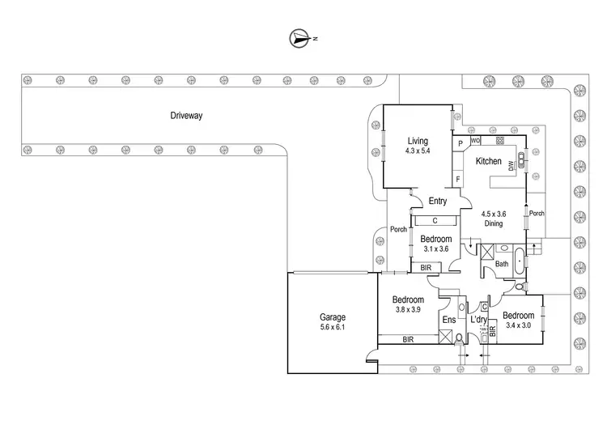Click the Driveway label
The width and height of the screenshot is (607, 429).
pyautogui.click(x=186, y=116)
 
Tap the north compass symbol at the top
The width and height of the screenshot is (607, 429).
pyautogui.click(x=299, y=38)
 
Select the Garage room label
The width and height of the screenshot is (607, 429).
pyautogui.click(x=333, y=317)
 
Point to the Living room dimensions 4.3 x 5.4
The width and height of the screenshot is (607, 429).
pyautogui.click(x=418, y=151)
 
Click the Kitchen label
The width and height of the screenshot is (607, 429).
pyautogui.click(x=488, y=161)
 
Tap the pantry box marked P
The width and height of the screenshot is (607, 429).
pyautogui.click(x=460, y=144)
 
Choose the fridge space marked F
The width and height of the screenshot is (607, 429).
pyautogui.click(x=459, y=178)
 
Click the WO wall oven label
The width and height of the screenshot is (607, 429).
pyautogui.click(x=476, y=140)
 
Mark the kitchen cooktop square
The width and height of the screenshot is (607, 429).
pyautogui.click(x=500, y=141)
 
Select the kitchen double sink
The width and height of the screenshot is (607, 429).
pyautogui.click(x=524, y=159)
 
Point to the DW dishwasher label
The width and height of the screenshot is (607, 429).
pyautogui.click(x=511, y=167)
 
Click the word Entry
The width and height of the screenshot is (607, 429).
pyautogui.click(x=438, y=201)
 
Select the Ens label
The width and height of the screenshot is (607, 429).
pyautogui.click(x=448, y=321)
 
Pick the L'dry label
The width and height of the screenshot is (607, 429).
pyautogui.click(x=478, y=321)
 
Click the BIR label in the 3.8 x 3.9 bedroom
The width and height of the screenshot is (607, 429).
pyautogui.click(x=413, y=340)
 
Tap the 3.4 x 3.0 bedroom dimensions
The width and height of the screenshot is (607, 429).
pyautogui.click(x=517, y=325)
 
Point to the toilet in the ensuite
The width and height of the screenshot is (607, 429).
pyautogui.click(x=459, y=339)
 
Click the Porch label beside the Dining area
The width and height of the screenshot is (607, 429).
pyautogui.click(x=537, y=214)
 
